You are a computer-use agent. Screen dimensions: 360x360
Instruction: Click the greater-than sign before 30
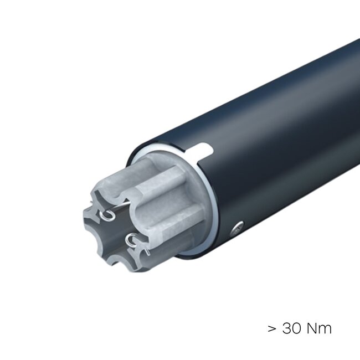coord(272,329)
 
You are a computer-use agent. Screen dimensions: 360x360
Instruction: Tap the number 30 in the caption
coord(291,328)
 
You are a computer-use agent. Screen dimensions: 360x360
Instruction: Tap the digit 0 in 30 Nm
coord(297,328)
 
